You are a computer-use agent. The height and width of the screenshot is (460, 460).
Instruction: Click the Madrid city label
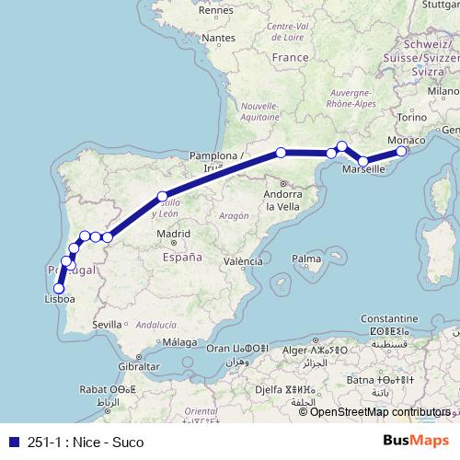coord(173,235)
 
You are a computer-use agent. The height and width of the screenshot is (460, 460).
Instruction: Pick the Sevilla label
coord(107,324)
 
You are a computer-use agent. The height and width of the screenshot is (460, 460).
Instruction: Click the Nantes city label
coord(218,39)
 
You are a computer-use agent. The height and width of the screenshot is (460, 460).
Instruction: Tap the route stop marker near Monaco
coord(401,151)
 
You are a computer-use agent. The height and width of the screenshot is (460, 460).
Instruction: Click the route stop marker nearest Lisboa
coord(59,288)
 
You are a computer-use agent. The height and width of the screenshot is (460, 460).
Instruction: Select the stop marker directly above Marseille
coord(363,161)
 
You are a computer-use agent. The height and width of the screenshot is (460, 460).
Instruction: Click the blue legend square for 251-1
coord(10,443)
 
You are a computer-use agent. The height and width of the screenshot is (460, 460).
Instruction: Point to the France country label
coord(290,57)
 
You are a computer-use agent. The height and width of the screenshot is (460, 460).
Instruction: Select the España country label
coord(182,259)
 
